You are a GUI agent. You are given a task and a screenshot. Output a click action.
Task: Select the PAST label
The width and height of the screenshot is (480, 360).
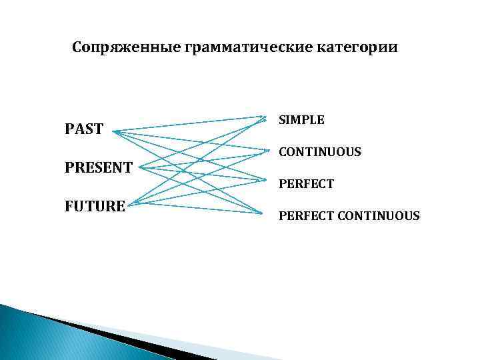point(84,129)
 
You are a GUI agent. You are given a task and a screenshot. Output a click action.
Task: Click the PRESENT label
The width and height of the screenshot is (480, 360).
point(99,167)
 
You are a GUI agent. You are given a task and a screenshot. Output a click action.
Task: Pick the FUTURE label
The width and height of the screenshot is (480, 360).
point(95,206)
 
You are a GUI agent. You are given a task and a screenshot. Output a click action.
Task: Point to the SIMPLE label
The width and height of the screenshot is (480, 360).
point(301,120)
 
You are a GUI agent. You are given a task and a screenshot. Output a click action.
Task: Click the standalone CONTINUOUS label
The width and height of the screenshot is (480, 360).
point(320,152)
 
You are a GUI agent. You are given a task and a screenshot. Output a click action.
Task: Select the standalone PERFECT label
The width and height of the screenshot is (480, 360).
point(306,183)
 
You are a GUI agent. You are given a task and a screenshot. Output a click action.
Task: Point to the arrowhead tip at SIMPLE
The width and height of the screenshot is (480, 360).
point(265,117)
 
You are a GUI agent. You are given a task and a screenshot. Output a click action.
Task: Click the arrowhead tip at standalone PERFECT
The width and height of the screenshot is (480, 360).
point(265,180)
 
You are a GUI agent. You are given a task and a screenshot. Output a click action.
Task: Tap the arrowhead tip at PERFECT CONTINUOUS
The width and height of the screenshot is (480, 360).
point(265,213)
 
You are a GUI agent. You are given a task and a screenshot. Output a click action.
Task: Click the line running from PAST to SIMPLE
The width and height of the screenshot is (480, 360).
point(190,125)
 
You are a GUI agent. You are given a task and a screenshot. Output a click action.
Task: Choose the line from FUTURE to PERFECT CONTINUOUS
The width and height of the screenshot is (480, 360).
point(200,208)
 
